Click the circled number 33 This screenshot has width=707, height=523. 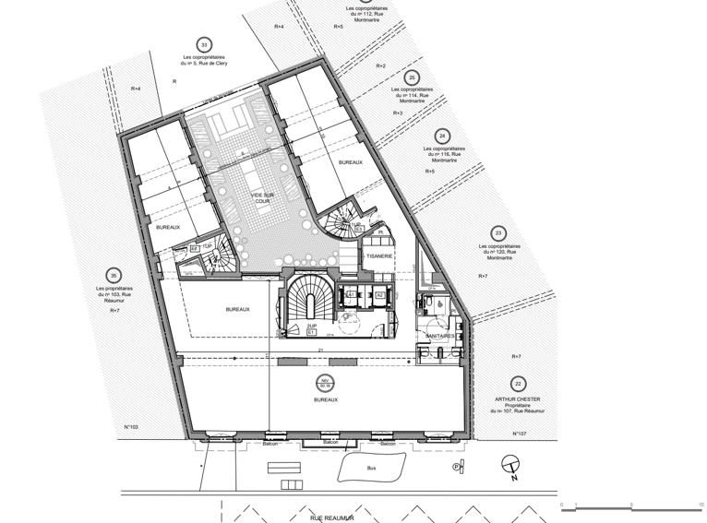tap(204, 44)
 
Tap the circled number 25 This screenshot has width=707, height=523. tap(413, 78)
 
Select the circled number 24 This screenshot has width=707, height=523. tap(442, 135)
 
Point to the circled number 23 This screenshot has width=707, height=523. tap(498, 232)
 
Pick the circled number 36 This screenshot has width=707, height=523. tap(113, 275)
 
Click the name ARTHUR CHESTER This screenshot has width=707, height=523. tap(517, 399)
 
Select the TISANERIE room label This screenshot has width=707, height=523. tap(379, 256)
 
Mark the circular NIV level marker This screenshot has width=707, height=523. tap(325, 384)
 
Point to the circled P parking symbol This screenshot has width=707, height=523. tap(457, 468)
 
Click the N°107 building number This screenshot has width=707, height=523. tap(520, 433)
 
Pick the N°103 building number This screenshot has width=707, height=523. tap(131, 427)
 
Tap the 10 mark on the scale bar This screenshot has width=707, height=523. tap(701, 505)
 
